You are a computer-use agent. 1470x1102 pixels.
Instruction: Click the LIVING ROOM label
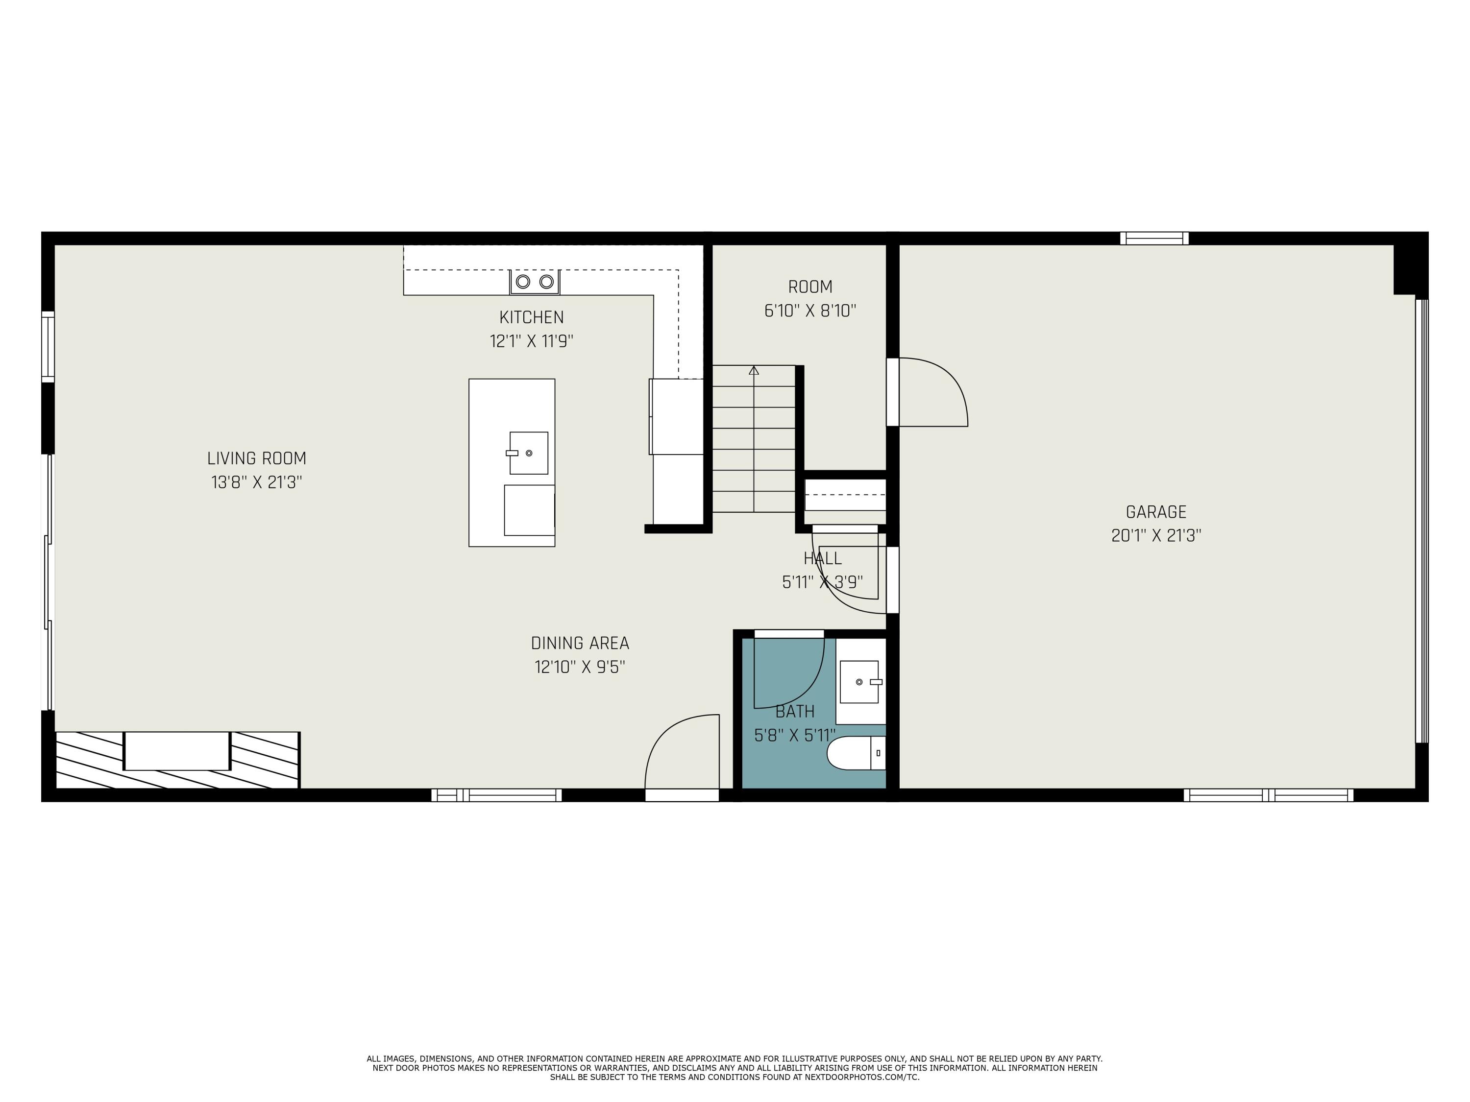point(257,458)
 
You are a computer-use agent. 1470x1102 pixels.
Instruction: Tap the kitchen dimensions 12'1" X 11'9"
point(532,341)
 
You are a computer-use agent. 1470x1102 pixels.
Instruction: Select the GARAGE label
point(1155,512)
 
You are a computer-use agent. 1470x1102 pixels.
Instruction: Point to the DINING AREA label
point(580,643)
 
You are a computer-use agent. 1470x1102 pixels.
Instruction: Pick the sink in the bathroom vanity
point(859,682)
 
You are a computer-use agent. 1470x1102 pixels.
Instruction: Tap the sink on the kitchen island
point(528,453)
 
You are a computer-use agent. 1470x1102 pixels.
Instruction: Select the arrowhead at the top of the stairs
point(754,370)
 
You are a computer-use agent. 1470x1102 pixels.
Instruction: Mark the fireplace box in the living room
point(177,751)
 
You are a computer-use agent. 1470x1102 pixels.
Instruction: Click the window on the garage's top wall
point(1154,238)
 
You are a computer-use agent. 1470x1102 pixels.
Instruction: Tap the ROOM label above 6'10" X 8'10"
point(810,287)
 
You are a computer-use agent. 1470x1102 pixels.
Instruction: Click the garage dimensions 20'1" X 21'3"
point(1155,536)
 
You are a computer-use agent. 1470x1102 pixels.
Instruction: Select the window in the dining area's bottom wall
point(496,795)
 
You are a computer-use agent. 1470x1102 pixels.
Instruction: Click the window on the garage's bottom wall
point(1268,795)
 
